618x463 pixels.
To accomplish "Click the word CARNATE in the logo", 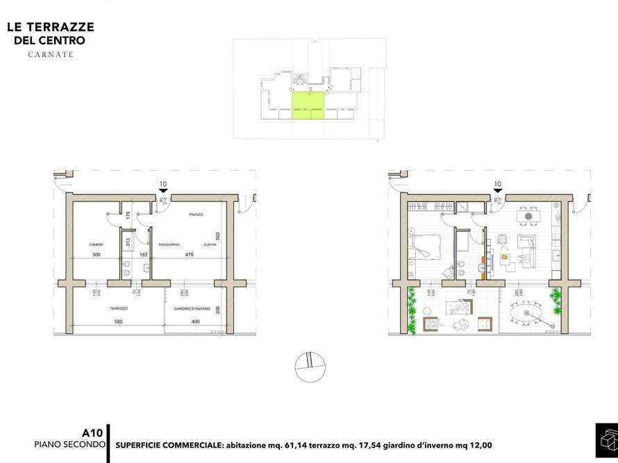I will [50, 54].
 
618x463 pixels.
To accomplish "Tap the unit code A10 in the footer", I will [92, 432].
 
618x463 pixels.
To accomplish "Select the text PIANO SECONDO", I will [69, 444].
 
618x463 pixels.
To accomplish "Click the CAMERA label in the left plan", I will [96, 245].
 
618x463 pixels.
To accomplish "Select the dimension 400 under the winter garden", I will [195, 321].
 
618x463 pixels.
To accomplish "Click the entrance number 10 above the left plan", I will [163, 185].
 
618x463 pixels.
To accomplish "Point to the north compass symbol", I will [309, 364].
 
